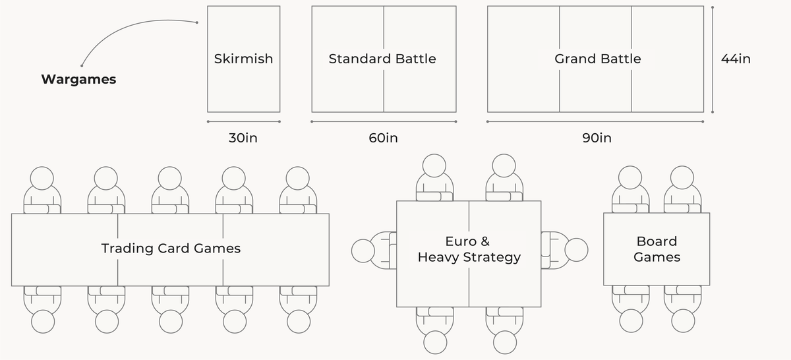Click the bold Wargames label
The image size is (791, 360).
(78, 80)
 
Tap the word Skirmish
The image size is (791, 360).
(244, 59)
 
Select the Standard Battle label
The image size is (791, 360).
(382, 59)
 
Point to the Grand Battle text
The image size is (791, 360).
(597, 59)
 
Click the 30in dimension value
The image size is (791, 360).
(243, 138)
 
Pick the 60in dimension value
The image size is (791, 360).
(383, 138)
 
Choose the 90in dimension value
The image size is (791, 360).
(597, 138)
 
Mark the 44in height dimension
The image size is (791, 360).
(736, 59)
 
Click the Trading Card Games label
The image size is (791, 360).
(171, 249)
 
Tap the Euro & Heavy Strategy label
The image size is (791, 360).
(469, 249)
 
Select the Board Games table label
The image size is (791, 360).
(657, 249)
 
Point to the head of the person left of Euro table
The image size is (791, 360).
(363, 251)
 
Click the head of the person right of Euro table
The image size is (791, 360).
(576, 250)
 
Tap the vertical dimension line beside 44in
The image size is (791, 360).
(713, 59)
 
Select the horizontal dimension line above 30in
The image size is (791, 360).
(244, 121)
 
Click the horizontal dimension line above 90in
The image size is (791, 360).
(595, 121)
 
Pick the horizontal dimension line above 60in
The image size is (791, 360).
(384, 121)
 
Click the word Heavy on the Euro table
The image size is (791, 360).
(438, 258)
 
